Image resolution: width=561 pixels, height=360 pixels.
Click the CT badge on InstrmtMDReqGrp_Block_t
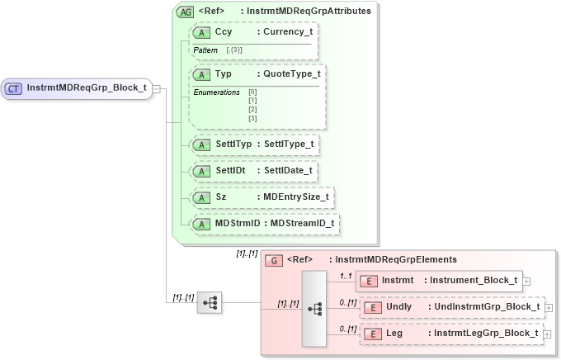coord(14,88)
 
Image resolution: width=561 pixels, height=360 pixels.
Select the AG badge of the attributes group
coord(186,12)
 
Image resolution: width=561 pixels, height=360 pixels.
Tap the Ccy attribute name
coord(223,32)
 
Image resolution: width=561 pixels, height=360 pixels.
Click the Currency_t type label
coord(283,32)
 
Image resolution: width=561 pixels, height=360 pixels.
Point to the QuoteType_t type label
coord(286,74)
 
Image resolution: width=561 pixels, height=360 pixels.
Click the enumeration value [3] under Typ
coord(252,118)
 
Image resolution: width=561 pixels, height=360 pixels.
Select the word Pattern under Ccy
coord(205,50)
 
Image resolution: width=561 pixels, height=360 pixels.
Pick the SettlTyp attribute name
coord(233,144)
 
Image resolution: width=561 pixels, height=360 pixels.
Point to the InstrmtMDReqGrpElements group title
coord(392,260)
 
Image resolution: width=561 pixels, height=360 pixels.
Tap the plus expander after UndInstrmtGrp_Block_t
coord(548,307)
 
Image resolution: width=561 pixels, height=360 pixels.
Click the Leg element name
coord(394,334)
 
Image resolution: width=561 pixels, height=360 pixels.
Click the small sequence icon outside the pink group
coord(209,302)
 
